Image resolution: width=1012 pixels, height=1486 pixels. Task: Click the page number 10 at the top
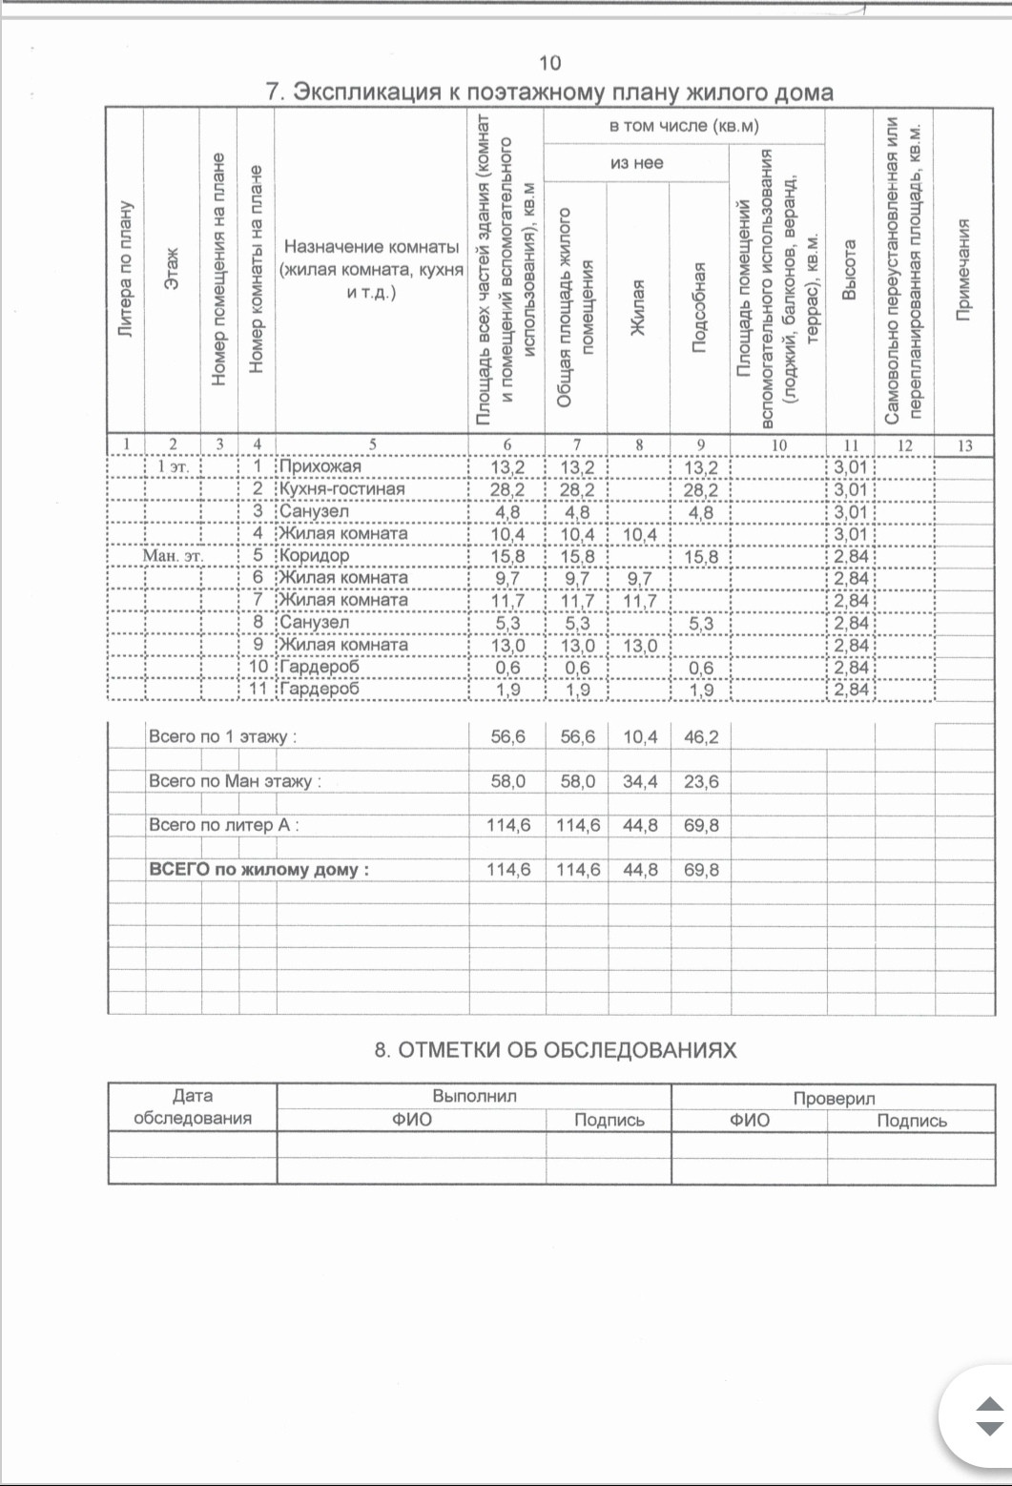[x=549, y=63]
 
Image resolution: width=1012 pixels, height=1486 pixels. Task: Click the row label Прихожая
[x=320, y=466]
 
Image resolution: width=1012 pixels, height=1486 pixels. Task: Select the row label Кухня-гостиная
[x=341, y=489]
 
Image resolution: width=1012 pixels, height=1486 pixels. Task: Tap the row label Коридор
[x=314, y=555]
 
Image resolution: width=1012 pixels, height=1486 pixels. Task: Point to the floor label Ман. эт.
[x=173, y=555]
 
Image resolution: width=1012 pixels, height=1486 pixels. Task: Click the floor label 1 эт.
[x=173, y=467]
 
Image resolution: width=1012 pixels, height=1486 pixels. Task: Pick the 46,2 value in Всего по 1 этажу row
[x=701, y=737]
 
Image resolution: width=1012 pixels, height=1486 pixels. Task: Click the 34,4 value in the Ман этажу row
[x=640, y=781]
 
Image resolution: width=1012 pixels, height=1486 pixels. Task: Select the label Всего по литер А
[x=223, y=825]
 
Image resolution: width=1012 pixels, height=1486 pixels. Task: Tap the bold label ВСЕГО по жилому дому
[x=258, y=870]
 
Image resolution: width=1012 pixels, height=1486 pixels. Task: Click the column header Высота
[x=850, y=270]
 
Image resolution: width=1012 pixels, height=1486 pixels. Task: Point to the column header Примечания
[x=964, y=270]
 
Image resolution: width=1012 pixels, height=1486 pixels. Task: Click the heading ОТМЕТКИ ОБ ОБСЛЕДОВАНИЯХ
[x=555, y=1050]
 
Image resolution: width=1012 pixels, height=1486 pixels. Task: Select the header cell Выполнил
[x=474, y=1096]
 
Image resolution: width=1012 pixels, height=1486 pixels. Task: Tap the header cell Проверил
[x=834, y=1098]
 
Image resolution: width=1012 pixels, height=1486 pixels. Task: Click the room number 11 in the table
[x=258, y=689]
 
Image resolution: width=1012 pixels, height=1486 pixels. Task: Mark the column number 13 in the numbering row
[x=964, y=445]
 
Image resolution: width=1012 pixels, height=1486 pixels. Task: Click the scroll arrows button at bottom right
[x=989, y=1416]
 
